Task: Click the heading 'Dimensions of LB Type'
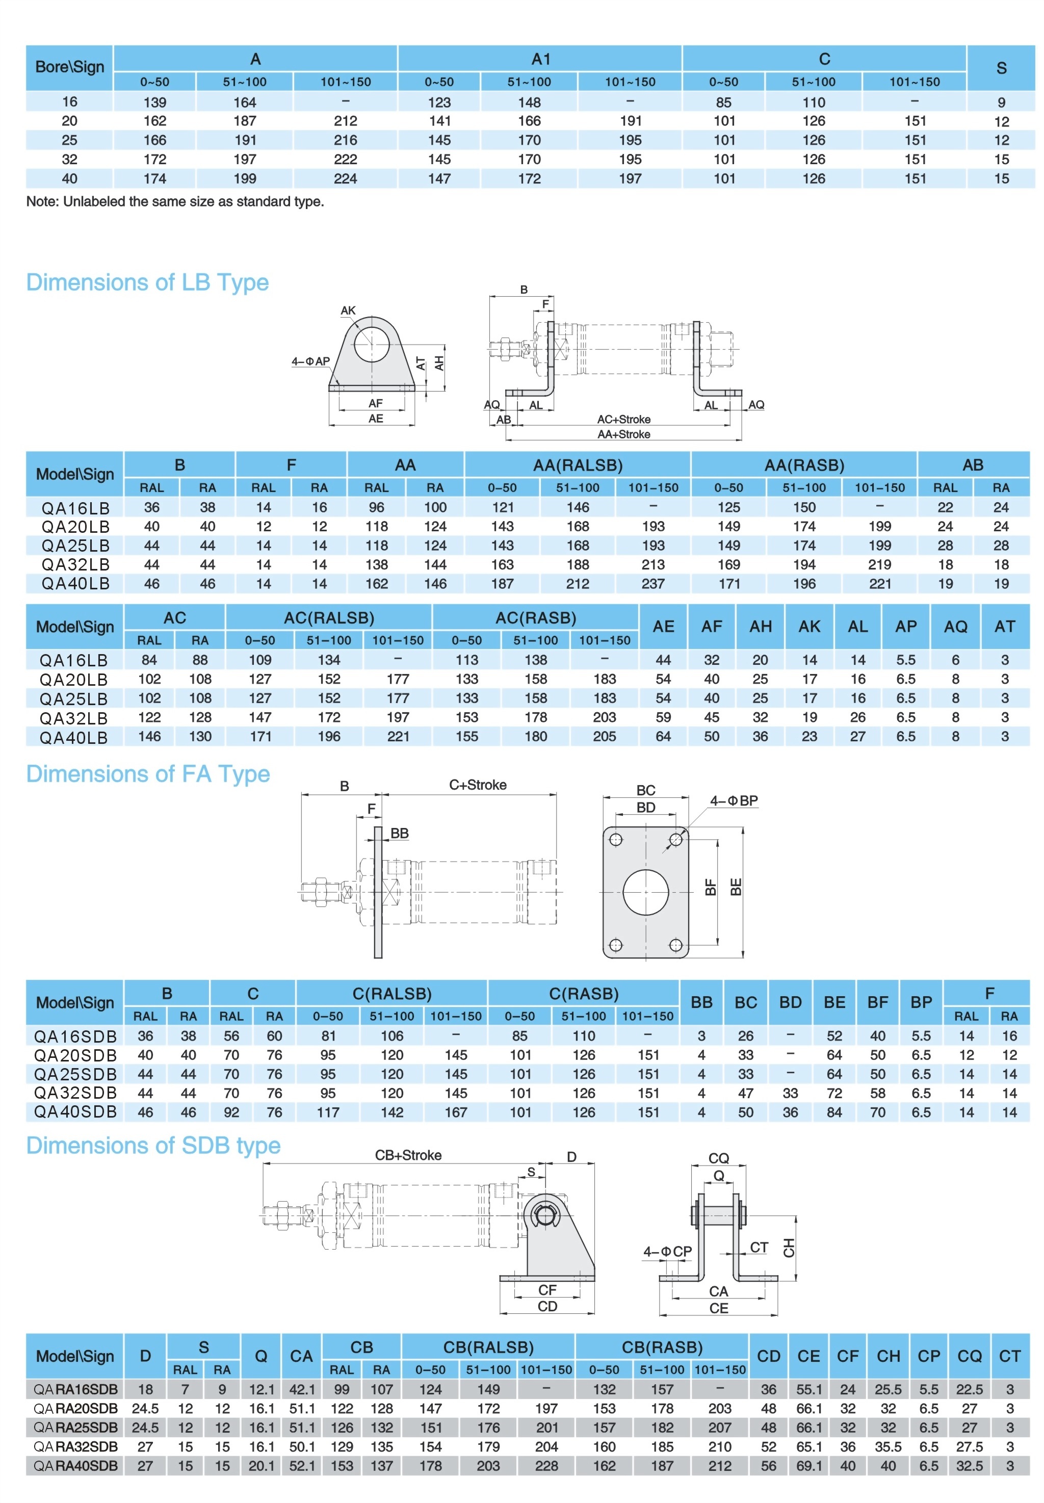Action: click(147, 282)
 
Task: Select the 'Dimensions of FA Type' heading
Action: click(148, 774)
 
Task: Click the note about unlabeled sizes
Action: click(175, 201)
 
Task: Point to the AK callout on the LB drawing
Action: click(348, 310)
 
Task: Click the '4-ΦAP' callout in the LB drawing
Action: click(311, 361)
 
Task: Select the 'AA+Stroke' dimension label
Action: click(623, 434)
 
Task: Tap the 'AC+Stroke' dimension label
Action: click(623, 419)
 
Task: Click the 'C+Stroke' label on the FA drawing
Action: click(478, 785)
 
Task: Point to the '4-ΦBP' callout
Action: click(734, 800)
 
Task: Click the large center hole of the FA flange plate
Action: click(646, 892)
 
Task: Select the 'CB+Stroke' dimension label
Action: click(408, 1155)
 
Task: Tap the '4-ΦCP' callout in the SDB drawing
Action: click(667, 1251)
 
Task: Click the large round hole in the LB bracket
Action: click(372, 340)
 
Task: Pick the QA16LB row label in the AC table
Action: click(74, 661)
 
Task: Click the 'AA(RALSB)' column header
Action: click(578, 465)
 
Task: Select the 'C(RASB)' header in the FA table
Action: click(584, 994)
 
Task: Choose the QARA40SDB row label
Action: click(76, 1466)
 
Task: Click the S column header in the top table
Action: click(1001, 68)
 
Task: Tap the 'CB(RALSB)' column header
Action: click(488, 1347)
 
